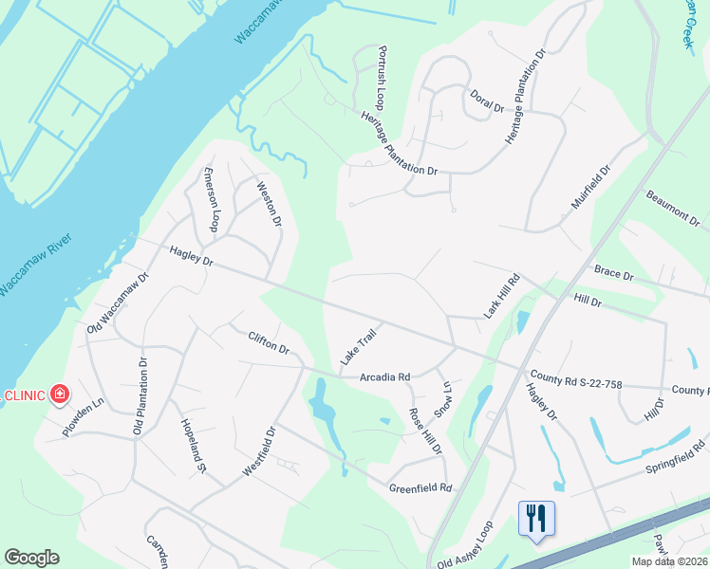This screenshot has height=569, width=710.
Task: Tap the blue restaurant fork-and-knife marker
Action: tap(536, 518)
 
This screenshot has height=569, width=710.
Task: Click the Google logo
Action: tap(31, 558)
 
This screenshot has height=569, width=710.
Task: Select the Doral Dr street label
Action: tap(487, 101)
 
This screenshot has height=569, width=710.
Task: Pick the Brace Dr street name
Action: tap(613, 273)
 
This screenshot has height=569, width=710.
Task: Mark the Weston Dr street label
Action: tap(269, 204)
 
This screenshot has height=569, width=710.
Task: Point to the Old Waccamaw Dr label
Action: tap(119, 303)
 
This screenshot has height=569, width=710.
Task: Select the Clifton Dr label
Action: tap(269, 341)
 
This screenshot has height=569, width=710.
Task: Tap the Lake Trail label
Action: tap(359, 346)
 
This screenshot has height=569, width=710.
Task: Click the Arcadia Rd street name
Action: tap(383, 376)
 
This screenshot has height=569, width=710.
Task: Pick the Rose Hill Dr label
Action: tap(425, 431)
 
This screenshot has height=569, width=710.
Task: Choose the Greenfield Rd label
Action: tap(420, 488)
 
